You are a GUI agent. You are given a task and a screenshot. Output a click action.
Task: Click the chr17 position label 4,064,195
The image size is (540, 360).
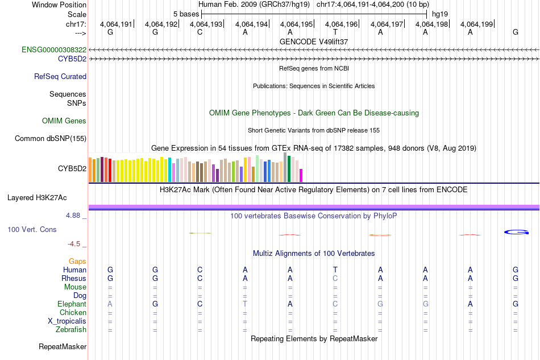(x=296, y=24)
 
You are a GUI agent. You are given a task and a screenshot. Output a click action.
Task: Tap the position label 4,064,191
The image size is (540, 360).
(x=116, y=24)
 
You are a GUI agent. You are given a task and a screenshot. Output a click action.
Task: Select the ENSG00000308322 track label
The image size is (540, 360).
(x=54, y=50)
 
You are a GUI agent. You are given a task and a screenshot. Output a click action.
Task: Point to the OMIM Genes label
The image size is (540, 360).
(x=64, y=121)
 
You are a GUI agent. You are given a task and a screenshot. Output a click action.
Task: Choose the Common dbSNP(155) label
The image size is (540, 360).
(x=51, y=139)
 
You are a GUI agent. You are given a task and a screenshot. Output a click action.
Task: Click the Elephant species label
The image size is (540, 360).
(x=72, y=304)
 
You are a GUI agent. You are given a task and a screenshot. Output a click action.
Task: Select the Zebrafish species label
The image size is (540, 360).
(x=71, y=330)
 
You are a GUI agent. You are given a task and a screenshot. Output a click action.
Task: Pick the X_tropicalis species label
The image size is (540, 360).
(x=67, y=321)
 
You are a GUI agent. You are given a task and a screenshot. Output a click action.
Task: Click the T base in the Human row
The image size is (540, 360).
(x=335, y=270)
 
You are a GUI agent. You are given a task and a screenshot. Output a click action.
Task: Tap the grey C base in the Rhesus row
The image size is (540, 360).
(x=335, y=279)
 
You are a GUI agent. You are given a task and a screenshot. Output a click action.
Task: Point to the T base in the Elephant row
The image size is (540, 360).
(x=245, y=304)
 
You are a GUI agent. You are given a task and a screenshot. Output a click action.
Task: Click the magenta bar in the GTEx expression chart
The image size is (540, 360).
(x=301, y=175)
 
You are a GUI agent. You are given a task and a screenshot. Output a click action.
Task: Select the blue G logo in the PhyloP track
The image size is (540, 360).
(x=517, y=232)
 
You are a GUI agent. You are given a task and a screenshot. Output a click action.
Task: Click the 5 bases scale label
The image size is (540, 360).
(x=185, y=14)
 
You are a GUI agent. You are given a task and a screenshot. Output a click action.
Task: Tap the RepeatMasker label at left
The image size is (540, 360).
(x=63, y=346)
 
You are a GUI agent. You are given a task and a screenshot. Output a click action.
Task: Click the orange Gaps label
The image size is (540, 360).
(x=77, y=261)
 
